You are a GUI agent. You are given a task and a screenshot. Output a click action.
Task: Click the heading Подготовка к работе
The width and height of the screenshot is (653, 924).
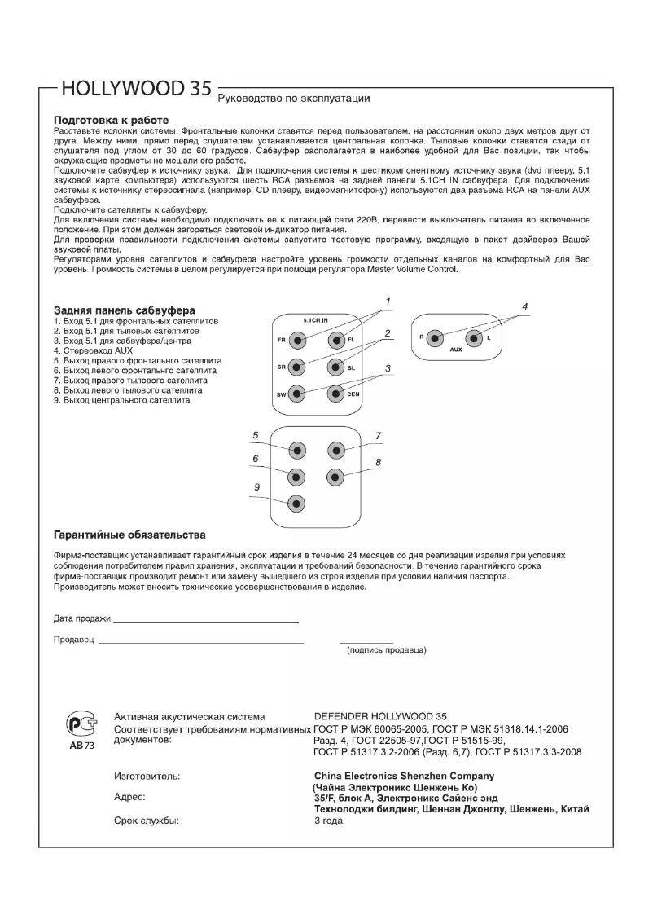coord(111,119)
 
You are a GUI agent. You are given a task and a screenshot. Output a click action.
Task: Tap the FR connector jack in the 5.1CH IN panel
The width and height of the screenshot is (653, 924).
coord(298,339)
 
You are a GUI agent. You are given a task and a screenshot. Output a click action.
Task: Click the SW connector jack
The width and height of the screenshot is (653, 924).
coord(298,394)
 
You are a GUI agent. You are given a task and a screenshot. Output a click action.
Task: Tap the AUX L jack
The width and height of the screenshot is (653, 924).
coord(476,337)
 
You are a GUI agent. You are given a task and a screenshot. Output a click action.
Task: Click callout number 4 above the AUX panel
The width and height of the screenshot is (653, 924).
coord(525,307)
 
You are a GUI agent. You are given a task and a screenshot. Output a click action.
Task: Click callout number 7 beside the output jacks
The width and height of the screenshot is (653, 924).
coord(378,436)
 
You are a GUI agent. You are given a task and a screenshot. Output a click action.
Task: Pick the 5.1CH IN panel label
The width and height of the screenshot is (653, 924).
coord(315,320)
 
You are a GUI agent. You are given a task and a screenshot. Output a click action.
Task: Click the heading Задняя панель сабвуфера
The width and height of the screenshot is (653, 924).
coord(124,310)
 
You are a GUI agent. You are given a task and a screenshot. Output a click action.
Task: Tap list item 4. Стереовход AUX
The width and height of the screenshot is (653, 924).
coord(92,350)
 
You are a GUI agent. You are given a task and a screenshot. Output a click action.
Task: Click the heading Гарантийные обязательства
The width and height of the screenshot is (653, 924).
coord(129,535)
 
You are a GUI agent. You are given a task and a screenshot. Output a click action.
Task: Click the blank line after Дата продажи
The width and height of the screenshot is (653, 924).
coord(205,621)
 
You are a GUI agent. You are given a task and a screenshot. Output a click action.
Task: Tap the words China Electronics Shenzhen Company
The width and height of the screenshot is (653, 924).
coord(404,776)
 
